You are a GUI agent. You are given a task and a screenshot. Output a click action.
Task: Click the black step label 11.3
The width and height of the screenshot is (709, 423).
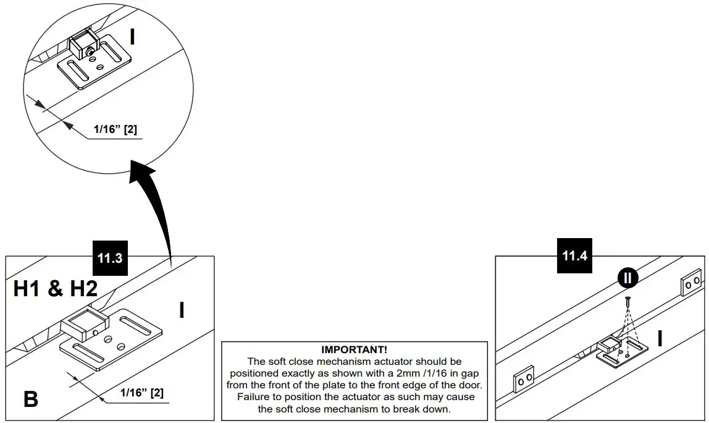click(x=109, y=258)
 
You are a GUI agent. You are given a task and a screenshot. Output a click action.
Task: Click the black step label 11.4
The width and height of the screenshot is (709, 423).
click(x=574, y=255)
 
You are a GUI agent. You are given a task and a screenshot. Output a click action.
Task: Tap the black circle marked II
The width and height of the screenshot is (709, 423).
click(x=628, y=278)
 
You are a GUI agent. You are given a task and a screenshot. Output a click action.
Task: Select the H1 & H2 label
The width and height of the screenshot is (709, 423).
click(x=56, y=288)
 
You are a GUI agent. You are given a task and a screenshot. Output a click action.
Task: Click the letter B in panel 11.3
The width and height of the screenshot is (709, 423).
click(x=30, y=399)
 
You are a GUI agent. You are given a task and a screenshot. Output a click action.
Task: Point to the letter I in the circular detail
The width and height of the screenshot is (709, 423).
click(x=132, y=38)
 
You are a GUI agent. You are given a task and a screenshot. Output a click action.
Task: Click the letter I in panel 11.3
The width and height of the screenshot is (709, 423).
click(x=181, y=310)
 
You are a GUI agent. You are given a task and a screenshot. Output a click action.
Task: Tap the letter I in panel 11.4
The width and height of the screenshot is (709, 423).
click(x=660, y=339)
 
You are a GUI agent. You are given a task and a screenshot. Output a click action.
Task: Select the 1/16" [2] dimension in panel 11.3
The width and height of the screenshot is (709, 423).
click(x=141, y=393)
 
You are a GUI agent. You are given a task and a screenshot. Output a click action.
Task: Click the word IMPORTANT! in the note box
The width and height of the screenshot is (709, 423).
click(x=354, y=350)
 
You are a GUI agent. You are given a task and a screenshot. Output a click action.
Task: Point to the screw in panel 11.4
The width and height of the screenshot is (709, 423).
click(x=627, y=303)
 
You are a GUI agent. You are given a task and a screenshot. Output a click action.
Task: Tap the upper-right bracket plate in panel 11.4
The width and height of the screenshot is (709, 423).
click(x=690, y=283)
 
